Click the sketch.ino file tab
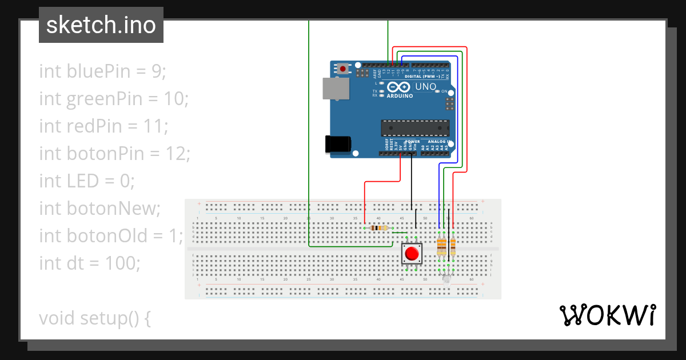pyautogui.click(x=101, y=25)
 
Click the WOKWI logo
pyautogui.click(x=607, y=315)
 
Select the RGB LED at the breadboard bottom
pyautogui.click(x=446, y=278)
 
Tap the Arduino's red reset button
pyautogui.click(x=342, y=69)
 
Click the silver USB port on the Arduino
pyautogui.click(x=335, y=89)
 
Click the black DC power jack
pyautogui.click(x=337, y=144)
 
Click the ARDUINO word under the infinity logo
pyautogui.click(x=400, y=96)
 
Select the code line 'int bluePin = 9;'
pyautogui.click(x=102, y=71)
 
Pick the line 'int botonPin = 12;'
pyautogui.click(x=114, y=153)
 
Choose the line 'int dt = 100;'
pyautogui.click(x=89, y=263)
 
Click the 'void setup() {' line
pyautogui.click(x=95, y=318)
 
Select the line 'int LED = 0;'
pyautogui.click(x=87, y=181)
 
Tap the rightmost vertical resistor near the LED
pyautogui.click(x=453, y=247)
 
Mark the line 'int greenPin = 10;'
pyautogui.click(x=114, y=99)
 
